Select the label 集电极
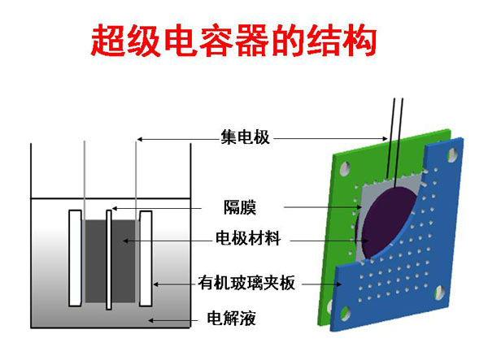(x=246, y=138)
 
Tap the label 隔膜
(x=240, y=206)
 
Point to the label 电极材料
(x=246, y=241)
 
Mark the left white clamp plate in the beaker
(x=75, y=258)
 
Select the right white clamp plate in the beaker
(x=146, y=258)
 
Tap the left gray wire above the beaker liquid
(x=84, y=171)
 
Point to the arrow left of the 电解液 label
(x=176, y=319)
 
